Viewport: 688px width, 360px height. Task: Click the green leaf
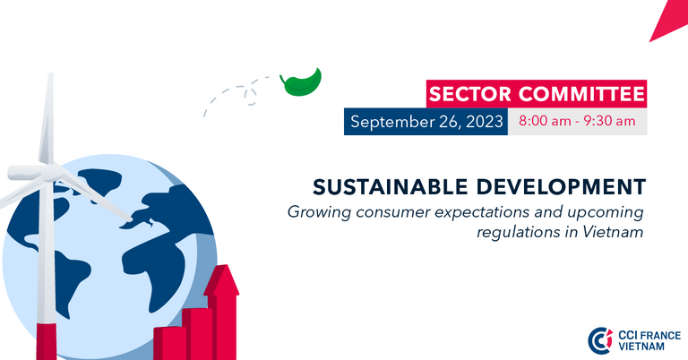click(x=302, y=83)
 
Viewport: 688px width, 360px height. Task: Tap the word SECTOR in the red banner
click(x=470, y=94)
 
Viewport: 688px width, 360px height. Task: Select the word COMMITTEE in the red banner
click(x=581, y=94)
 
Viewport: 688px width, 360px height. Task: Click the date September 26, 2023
click(x=426, y=122)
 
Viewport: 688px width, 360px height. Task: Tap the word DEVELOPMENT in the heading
click(x=561, y=187)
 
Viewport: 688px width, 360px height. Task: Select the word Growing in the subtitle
click(x=320, y=212)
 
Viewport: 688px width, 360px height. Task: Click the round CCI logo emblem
click(x=600, y=340)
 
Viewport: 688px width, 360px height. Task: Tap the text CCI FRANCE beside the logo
click(x=649, y=336)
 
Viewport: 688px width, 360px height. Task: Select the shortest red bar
click(x=169, y=343)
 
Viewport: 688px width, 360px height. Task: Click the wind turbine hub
click(x=52, y=172)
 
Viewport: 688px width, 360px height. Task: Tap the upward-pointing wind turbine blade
click(x=47, y=118)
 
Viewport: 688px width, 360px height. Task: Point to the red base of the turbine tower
click(x=46, y=341)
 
